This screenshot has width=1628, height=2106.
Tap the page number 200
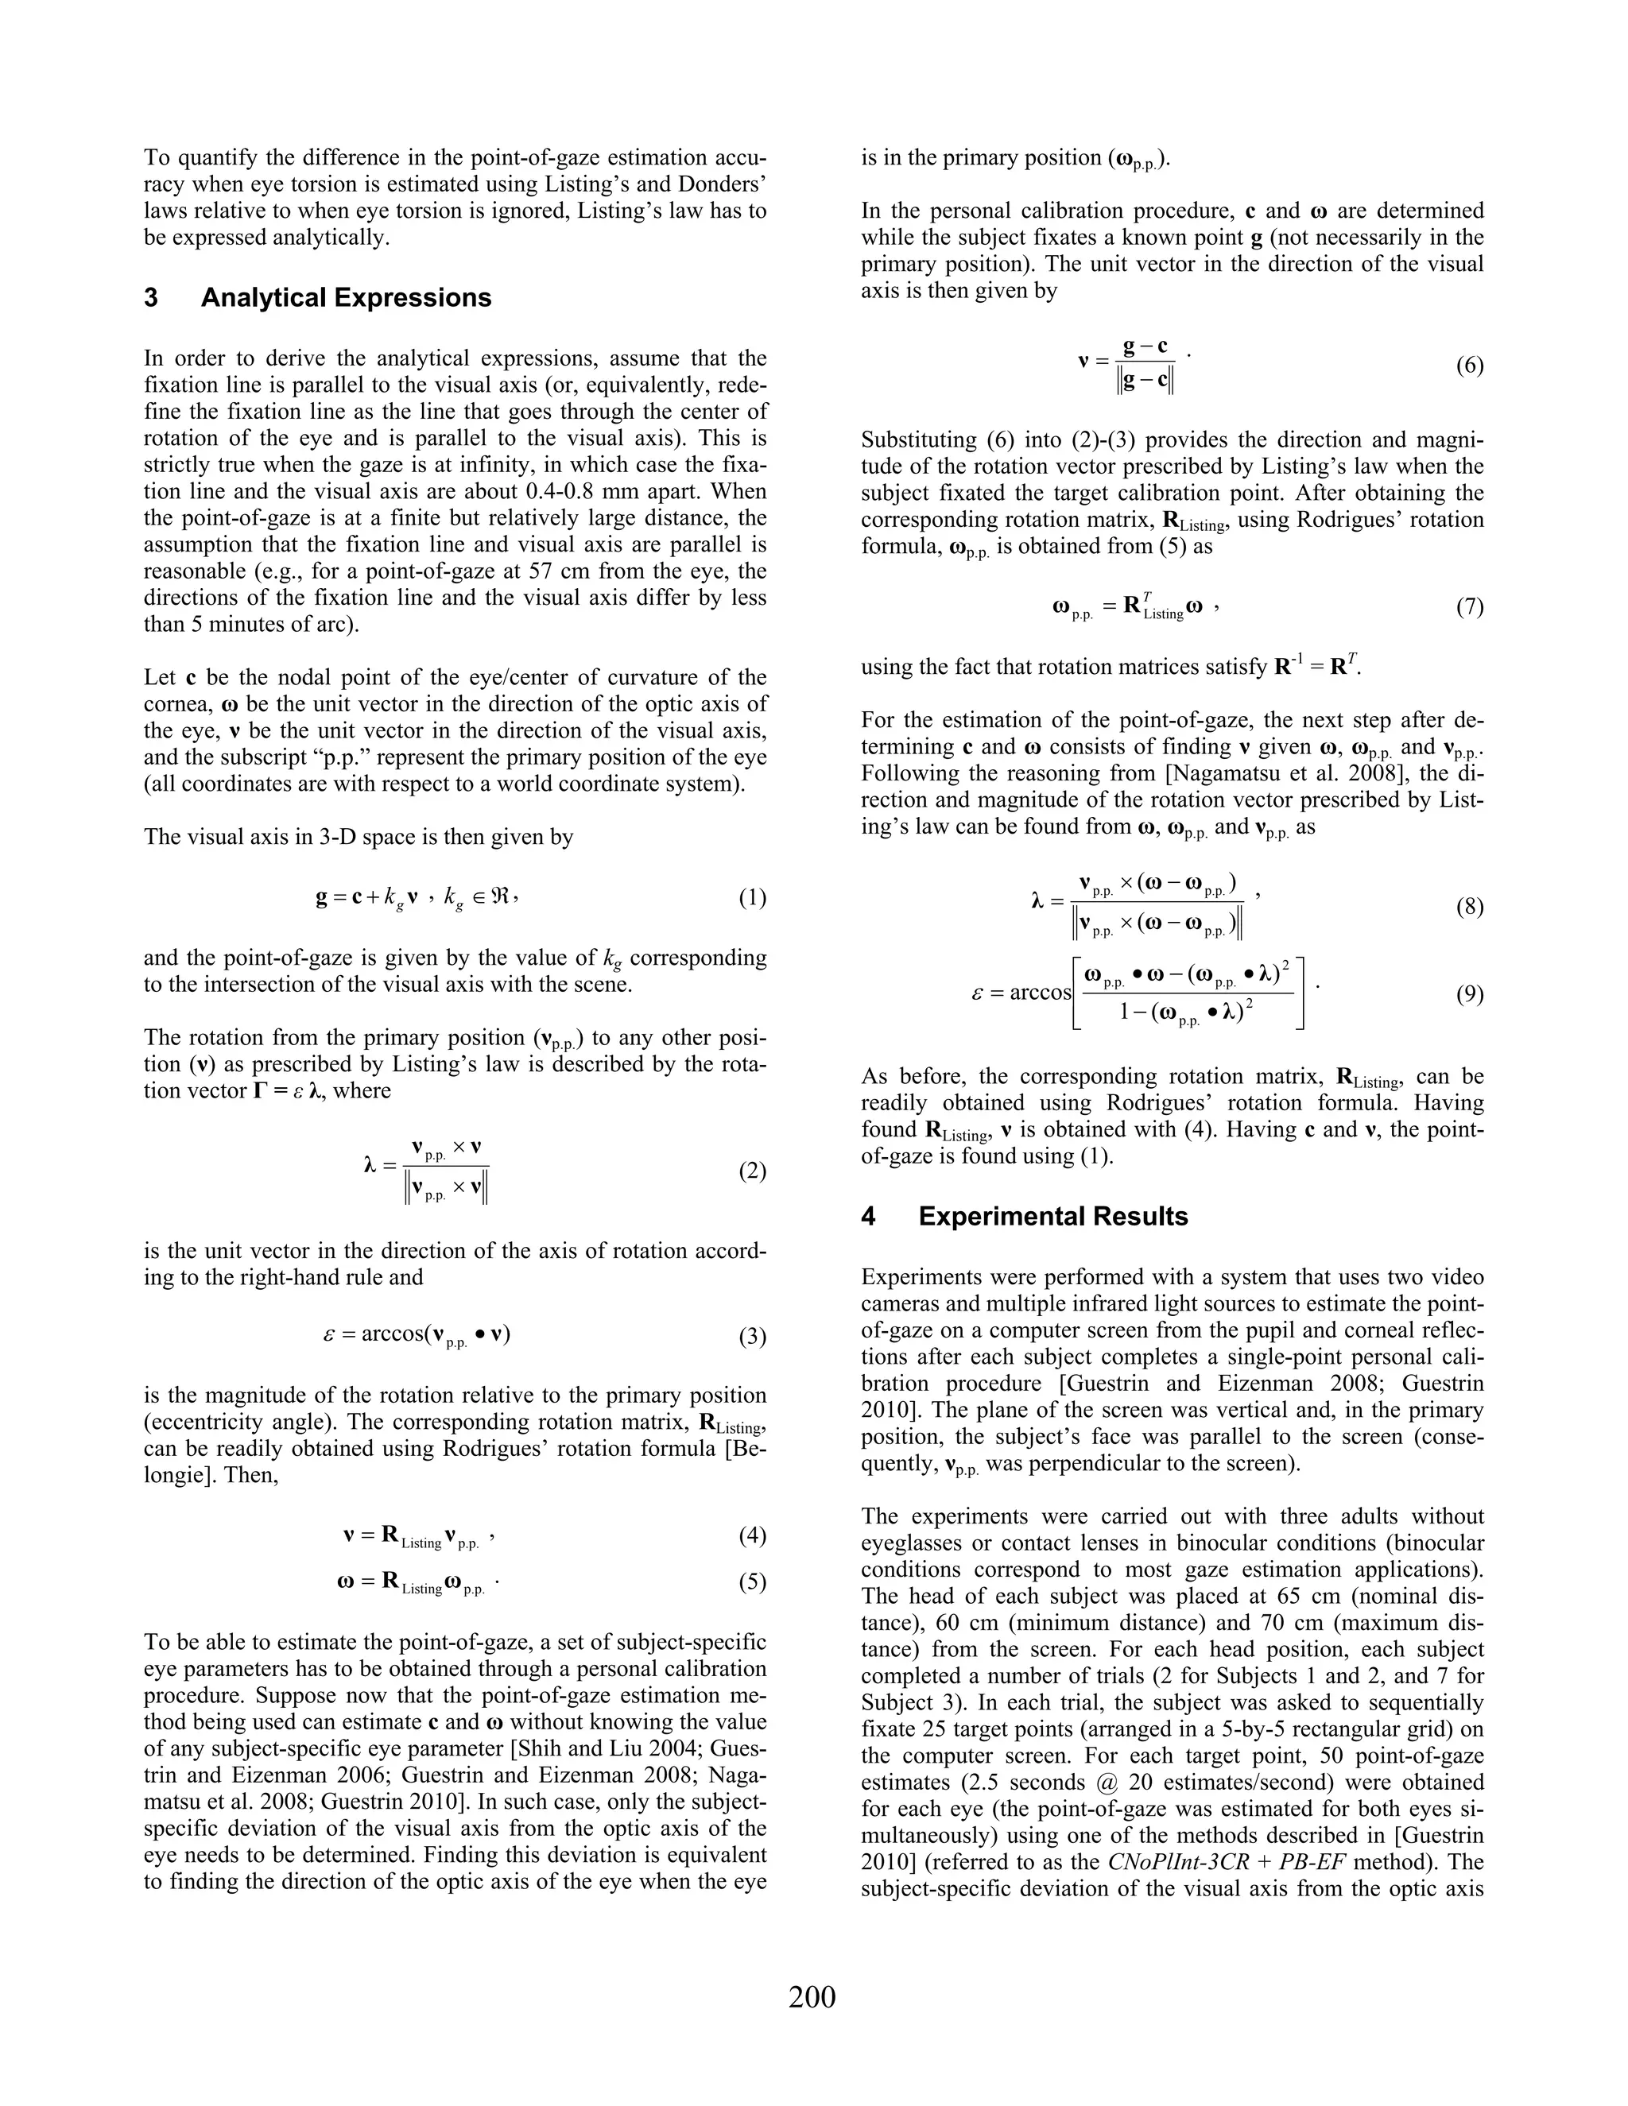click(812, 1996)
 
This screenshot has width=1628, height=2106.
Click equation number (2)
click(752, 1171)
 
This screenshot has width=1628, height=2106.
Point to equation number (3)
click(752, 1337)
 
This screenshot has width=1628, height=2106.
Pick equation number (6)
click(1469, 366)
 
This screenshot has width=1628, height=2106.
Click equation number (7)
click(1469, 606)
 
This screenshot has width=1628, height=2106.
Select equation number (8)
click(1469, 907)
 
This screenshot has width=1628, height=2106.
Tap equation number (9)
click(1469, 994)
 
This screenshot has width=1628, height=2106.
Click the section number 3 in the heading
click(151, 298)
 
